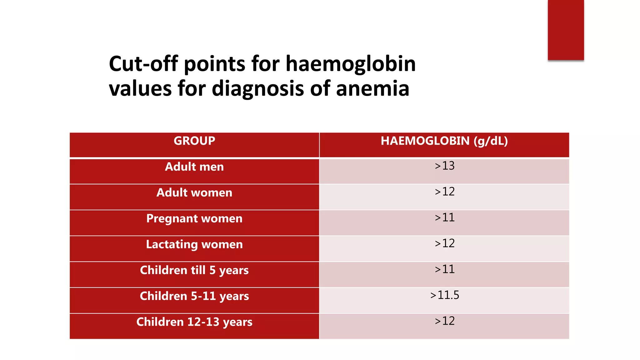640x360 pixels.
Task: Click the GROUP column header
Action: (194, 141)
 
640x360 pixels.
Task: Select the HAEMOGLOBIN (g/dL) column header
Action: (444, 141)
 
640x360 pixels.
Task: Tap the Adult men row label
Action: (194, 167)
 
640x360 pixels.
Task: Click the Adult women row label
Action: (194, 193)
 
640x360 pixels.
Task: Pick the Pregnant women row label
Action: (194, 219)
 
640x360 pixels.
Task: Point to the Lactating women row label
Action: (194, 244)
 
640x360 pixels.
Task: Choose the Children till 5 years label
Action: (194, 270)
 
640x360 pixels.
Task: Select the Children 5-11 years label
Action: (194, 296)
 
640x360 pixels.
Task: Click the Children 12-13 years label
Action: (194, 322)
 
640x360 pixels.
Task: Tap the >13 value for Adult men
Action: (444, 166)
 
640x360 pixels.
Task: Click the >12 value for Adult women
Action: (444, 192)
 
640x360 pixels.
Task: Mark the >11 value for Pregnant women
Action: (444, 218)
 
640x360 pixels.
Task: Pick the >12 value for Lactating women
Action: (444, 243)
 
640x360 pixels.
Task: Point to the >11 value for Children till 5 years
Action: (444, 269)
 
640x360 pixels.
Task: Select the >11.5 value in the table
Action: (444, 295)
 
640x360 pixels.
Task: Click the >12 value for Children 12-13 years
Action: (444, 321)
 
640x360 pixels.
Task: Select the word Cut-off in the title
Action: (143, 64)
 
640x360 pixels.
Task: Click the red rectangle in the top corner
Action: (566, 30)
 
